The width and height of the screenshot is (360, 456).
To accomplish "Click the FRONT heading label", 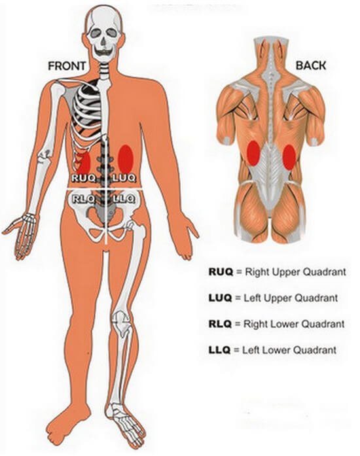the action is click(67, 66).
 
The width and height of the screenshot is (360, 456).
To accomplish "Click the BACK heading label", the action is click(311, 65).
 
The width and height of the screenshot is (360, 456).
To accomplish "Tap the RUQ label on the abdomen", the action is click(84, 178).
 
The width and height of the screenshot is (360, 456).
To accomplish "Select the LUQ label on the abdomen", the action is click(124, 178).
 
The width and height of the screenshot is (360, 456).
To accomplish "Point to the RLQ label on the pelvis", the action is click(83, 199).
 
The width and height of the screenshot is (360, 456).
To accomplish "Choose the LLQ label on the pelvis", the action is click(124, 199).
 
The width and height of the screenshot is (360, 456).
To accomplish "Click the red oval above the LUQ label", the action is click(126, 159).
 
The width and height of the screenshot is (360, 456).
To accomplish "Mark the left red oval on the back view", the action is click(253, 153).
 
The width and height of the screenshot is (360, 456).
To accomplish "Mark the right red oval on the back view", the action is click(289, 157).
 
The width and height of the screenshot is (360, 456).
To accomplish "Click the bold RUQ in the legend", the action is click(221, 272).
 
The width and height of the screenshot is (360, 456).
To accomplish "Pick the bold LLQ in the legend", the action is click(219, 349).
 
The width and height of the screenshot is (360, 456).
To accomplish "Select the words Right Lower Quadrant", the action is click(294, 324).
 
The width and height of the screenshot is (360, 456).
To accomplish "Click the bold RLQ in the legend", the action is click(220, 324).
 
